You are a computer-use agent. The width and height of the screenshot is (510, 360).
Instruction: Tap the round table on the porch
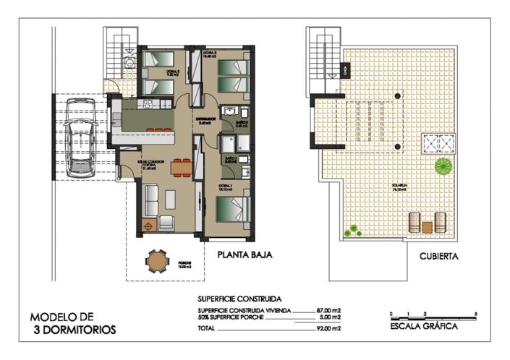click(156, 261)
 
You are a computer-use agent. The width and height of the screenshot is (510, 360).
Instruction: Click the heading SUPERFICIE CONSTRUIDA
click(239, 298)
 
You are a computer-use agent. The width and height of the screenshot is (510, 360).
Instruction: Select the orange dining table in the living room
click(181, 168)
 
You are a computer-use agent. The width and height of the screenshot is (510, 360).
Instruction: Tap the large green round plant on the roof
click(443, 167)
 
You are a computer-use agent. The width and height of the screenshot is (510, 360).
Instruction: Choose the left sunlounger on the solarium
click(415, 222)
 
